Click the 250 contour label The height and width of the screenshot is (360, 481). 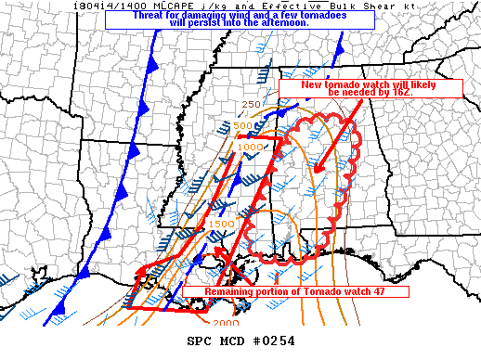pos(252,105)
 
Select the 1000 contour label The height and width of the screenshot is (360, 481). pos(249,146)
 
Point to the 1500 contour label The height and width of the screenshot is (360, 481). pos(221,224)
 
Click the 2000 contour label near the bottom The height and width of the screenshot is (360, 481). pos(226,323)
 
